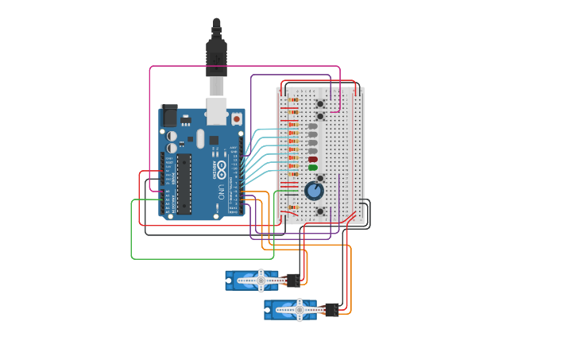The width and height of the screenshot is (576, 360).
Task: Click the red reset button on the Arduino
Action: coord(236,119)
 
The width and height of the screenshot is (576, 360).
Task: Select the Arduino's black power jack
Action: coord(168,116)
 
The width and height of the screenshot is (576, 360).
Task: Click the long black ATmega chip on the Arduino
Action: coord(184,184)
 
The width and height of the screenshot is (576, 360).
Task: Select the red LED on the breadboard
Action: coord(312,159)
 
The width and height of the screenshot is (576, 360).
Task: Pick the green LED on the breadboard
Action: coord(312,168)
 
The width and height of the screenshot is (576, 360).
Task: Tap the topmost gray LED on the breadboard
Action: coord(312,126)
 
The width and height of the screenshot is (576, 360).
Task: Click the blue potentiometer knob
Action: coord(314,191)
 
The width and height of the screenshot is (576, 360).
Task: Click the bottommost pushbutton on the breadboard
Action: coord(319,211)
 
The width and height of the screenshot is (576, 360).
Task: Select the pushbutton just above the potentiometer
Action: coord(319,178)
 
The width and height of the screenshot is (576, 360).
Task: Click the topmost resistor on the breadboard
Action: coord(293,100)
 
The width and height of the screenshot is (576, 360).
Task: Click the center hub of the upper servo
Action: coord(260,280)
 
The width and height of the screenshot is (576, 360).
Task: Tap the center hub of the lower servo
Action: coord(299,309)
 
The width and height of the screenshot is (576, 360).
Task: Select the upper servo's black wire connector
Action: coord(293,280)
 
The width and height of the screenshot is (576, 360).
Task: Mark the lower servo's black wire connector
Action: coord(331,309)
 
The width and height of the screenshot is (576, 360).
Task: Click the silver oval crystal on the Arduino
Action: coord(200,138)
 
